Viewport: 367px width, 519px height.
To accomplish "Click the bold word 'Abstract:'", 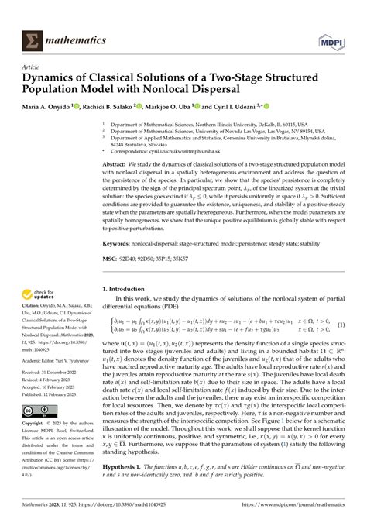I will pos(118,165).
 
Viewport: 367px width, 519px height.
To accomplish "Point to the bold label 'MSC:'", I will pos(112,258).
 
